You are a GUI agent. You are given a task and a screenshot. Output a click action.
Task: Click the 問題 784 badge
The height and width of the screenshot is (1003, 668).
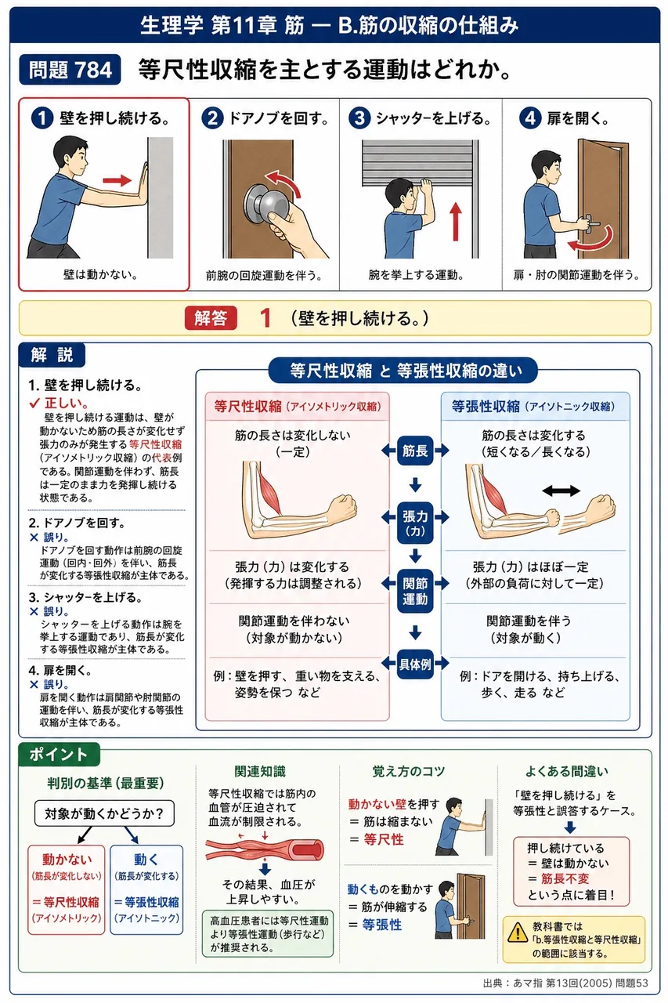point(70,70)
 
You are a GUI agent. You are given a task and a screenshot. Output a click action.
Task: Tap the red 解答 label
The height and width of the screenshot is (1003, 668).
point(211,318)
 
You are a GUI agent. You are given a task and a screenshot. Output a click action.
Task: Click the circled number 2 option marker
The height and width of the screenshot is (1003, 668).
point(212,118)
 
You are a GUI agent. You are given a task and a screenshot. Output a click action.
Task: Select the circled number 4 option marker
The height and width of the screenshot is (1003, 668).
point(530,118)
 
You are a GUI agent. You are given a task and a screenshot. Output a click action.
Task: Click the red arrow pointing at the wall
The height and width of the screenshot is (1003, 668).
point(117,180)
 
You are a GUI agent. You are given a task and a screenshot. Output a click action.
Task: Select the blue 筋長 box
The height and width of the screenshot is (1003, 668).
point(415,451)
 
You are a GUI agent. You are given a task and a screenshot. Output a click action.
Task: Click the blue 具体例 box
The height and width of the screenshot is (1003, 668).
point(415,664)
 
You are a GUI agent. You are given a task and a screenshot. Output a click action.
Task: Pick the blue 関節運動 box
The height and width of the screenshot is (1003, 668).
point(415,591)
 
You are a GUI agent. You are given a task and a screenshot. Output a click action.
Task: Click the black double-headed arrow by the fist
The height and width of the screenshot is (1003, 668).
point(561,491)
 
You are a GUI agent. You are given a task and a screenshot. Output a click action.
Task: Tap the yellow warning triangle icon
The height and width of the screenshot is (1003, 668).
point(518,932)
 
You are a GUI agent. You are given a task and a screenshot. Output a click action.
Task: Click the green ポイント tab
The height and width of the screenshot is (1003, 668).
point(59,754)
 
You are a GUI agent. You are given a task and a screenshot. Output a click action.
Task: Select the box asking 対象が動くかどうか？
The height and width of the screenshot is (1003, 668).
point(104,813)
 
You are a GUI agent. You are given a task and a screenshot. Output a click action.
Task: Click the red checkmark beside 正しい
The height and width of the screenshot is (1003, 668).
point(34,403)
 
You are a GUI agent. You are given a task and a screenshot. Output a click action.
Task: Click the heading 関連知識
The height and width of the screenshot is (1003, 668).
point(260,771)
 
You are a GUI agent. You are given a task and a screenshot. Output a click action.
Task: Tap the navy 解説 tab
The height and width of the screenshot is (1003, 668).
point(52,355)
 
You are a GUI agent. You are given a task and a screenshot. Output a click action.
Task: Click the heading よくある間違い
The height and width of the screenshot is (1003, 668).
point(566,771)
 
